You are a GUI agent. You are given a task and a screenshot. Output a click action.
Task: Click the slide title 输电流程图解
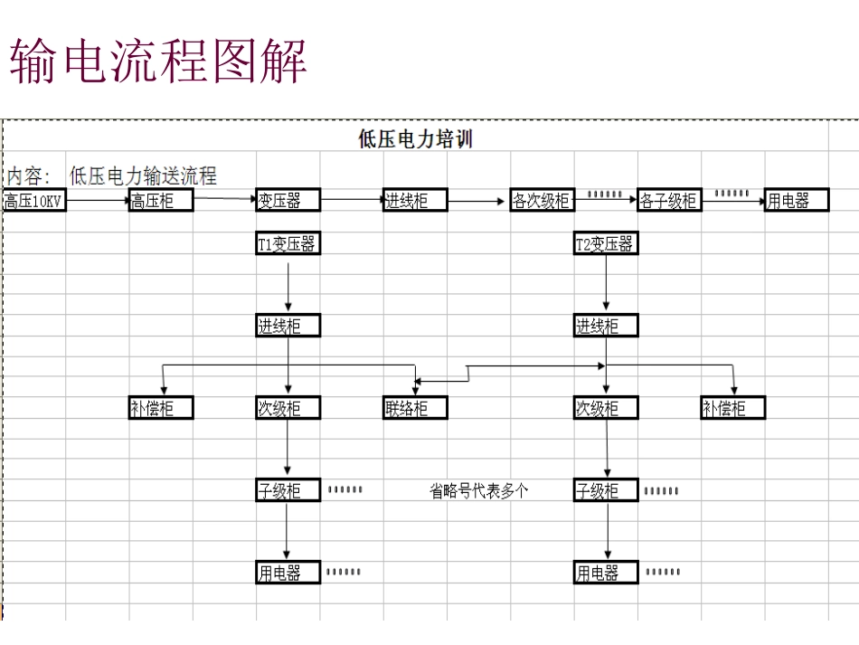click(159, 61)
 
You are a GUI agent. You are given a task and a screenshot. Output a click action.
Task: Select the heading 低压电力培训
click(415, 138)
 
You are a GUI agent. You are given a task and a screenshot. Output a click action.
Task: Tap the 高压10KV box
click(34, 201)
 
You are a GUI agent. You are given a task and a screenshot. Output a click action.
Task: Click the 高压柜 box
click(161, 201)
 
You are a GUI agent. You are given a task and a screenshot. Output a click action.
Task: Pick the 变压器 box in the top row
click(288, 201)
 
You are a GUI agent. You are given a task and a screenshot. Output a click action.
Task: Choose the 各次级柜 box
click(542, 201)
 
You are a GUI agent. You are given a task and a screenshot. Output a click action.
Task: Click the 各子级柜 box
click(669, 201)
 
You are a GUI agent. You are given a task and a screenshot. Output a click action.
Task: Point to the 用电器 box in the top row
click(797, 201)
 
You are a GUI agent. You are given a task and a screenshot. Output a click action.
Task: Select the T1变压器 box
click(288, 243)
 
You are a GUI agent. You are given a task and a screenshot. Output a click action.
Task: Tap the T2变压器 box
click(605, 243)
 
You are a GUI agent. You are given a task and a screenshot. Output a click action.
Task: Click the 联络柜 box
click(415, 408)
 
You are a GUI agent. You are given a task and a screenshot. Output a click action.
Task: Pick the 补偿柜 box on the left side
click(161, 408)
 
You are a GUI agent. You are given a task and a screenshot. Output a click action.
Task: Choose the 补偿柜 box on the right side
click(732, 408)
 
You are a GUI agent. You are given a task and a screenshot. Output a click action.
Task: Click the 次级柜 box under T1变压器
click(288, 408)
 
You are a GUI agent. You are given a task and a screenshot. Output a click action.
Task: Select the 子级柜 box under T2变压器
click(605, 491)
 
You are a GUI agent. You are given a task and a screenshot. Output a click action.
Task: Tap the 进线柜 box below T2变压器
click(605, 326)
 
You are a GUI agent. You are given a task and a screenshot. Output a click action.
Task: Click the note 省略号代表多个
click(478, 491)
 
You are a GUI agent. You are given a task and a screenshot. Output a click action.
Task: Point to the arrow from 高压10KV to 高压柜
click(98, 201)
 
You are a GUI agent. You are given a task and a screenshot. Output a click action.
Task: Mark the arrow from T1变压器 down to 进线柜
click(288, 284)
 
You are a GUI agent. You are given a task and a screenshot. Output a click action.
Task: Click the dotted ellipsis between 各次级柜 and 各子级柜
click(605, 194)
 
